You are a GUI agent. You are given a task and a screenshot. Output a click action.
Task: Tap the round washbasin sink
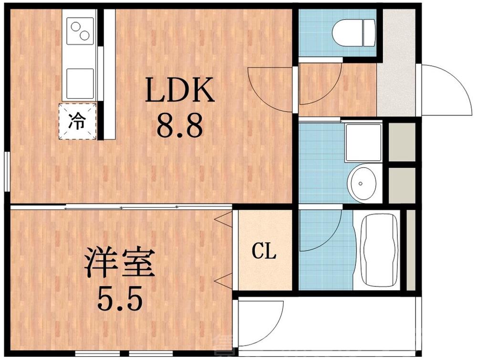pos(363,183)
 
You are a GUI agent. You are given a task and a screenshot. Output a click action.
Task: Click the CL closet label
pos(264,251)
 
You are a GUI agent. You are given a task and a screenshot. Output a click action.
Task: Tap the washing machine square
pos(363,142)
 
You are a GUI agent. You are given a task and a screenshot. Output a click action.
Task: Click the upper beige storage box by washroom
pos(401,142)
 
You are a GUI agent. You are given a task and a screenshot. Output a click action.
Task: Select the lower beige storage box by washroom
pos(401,185)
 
